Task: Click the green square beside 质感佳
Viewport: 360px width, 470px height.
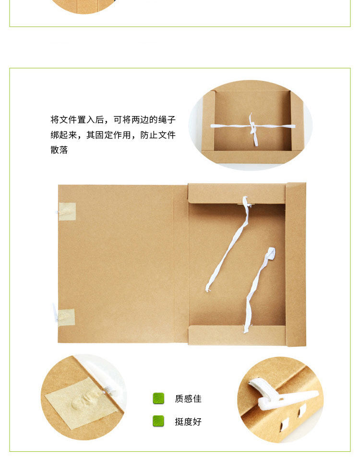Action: click(158, 399)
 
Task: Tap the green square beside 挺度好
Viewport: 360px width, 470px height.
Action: click(158, 421)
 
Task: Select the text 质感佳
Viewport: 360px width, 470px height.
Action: click(188, 399)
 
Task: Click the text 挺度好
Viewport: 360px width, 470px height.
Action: click(188, 422)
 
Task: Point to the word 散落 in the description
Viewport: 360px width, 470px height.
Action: click(59, 150)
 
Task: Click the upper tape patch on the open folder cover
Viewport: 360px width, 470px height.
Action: click(67, 211)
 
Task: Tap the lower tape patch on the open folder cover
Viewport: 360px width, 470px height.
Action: click(66, 317)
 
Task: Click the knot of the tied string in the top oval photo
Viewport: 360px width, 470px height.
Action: click(252, 128)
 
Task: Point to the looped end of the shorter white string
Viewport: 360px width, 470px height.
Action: click(270, 253)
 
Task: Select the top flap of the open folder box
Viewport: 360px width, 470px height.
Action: click(237, 193)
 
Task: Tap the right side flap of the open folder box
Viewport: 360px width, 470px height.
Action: click(296, 264)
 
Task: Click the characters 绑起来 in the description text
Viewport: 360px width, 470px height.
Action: click(63, 135)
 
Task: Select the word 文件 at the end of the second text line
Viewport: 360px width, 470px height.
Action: click(167, 135)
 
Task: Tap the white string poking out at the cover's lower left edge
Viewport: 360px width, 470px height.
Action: click(55, 312)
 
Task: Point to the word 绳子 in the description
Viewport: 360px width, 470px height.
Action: click(167, 119)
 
